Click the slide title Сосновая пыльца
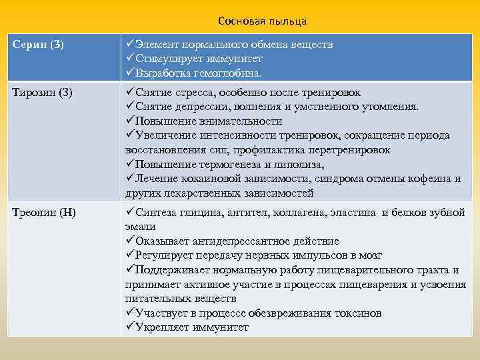coord(262,21)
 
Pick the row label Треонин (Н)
coord(44,213)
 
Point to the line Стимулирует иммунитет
coord(193,59)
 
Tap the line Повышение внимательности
coord(208,121)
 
